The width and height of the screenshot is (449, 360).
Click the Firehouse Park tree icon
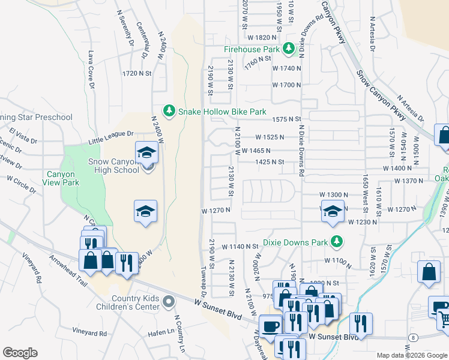[289, 48]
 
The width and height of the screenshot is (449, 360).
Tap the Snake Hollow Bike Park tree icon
[170, 111]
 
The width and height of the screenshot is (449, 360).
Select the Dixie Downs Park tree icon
[337, 242]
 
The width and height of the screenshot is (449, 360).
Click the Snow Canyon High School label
[110, 166]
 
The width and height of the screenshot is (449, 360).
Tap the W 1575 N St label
[286, 119]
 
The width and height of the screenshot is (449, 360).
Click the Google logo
[20, 353]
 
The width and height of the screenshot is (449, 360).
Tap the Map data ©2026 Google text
[411, 355]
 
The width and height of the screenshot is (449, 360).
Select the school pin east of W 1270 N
[332, 211]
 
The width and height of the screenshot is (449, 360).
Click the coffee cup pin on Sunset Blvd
[270, 326]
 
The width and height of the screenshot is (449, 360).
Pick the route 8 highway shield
[414, 338]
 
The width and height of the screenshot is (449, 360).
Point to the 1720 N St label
[135, 73]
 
